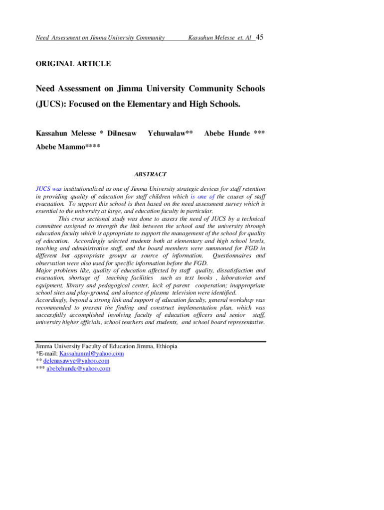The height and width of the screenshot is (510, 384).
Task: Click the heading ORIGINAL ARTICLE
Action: click(x=73, y=64)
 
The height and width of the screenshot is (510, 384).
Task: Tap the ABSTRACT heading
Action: click(x=151, y=174)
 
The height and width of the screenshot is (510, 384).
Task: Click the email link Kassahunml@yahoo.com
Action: click(x=91, y=354)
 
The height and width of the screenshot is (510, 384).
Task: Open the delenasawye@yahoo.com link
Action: click(x=76, y=361)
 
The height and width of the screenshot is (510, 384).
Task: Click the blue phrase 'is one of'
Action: click(x=202, y=197)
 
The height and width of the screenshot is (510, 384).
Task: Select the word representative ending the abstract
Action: click(x=243, y=322)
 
